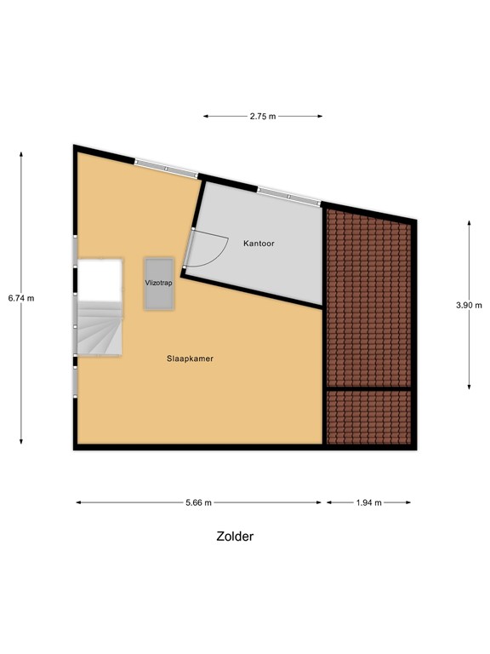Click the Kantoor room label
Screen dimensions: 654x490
click(x=259, y=244)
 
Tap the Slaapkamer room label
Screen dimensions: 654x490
click(x=189, y=359)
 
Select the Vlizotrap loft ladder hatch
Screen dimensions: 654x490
click(x=159, y=283)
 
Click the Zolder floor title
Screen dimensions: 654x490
click(x=235, y=536)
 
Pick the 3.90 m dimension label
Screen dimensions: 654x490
click(x=469, y=305)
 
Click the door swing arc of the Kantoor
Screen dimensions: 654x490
click(x=213, y=252)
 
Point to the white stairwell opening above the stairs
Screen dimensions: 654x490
click(x=100, y=278)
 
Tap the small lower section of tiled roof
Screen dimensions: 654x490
click(x=370, y=416)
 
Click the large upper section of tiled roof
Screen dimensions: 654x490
click(x=369, y=298)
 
